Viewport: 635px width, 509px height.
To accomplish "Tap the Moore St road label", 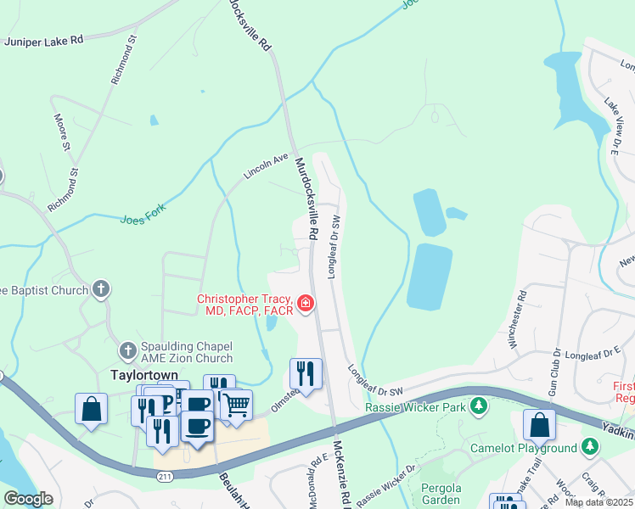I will [x=61, y=132].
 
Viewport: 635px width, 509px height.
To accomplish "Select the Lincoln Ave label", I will [x=267, y=165].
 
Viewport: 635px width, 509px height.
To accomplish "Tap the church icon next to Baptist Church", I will [x=101, y=289].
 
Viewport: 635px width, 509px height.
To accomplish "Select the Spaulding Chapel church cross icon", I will [x=127, y=350].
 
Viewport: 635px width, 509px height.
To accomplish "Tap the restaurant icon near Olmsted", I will [x=306, y=372].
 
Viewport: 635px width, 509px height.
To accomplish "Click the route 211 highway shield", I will [x=164, y=478].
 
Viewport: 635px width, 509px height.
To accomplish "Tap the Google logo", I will [x=28, y=498].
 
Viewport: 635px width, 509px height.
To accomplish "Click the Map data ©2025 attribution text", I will [x=598, y=502].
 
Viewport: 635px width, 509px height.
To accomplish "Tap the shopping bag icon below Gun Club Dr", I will [x=538, y=424].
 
